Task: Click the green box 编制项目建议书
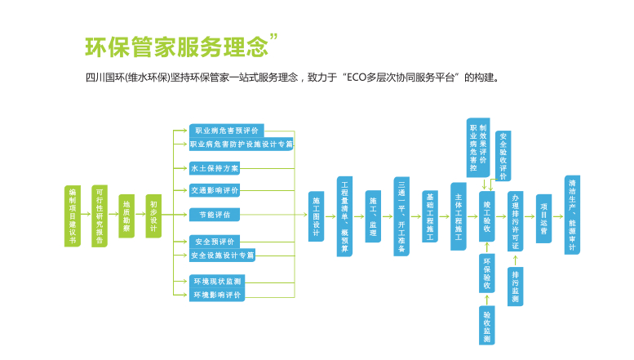coord(73,216)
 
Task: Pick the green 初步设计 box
coord(153,216)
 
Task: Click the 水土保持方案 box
coord(215,168)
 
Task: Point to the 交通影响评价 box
coord(215,191)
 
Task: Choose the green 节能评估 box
coord(215,215)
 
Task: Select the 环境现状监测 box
coord(215,281)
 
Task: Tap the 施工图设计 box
coord(317,216)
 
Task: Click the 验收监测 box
coord(487,325)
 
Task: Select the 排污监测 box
coord(515,286)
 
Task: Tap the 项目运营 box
coord(543,216)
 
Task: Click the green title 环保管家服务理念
coord(176,47)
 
